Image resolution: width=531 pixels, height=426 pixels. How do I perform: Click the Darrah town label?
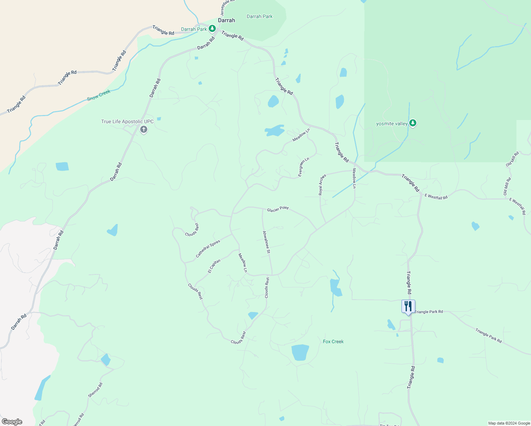tap(226, 20)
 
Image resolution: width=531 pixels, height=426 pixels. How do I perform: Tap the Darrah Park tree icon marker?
tap(212, 28)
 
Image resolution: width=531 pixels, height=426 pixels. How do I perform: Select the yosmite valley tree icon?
tap(412, 123)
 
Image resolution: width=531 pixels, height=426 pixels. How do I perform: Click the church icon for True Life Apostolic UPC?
tap(144, 130)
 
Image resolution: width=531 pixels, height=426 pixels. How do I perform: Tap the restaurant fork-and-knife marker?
tap(408, 306)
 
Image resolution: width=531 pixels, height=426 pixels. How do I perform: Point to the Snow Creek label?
tap(99, 95)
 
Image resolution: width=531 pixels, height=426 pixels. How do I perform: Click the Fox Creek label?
tap(333, 342)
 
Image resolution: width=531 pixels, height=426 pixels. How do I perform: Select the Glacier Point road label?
tap(278, 209)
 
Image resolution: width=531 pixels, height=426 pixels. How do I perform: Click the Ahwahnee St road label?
tap(266, 242)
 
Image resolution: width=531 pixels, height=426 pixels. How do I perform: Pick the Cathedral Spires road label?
tap(208, 248)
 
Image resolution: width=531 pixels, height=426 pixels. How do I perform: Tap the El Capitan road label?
tap(214, 266)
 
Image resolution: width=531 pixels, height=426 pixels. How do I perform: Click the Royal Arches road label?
tap(322, 185)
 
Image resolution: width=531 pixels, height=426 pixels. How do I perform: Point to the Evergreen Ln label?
tap(304, 167)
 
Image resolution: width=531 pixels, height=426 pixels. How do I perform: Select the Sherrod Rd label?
tap(95, 390)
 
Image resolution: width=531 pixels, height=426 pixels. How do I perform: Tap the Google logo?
tap(12, 422)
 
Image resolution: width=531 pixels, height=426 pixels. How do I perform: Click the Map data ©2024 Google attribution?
tap(509, 423)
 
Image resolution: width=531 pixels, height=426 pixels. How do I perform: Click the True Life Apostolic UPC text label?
tap(127, 121)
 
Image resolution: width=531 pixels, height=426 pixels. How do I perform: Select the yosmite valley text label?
tap(392, 124)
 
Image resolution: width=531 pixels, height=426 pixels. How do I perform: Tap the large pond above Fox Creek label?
tap(300, 353)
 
